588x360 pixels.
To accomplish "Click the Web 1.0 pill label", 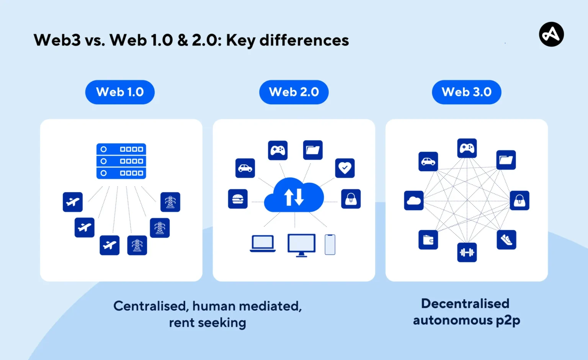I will [x=120, y=92].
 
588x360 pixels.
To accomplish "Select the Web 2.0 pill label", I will [x=294, y=92].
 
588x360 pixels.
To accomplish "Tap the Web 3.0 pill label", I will [x=467, y=92].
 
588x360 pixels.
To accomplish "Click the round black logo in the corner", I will [x=551, y=34].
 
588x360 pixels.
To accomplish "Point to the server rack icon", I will [x=121, y=161].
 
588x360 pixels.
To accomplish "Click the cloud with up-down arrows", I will [x=294, y=196].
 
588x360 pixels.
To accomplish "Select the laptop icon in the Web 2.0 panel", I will [x=263, y=244].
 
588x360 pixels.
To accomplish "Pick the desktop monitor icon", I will [x=302, y=245].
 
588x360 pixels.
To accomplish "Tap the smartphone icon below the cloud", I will [x=330, y=244].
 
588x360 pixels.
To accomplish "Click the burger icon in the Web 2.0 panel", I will [x=238, y=199].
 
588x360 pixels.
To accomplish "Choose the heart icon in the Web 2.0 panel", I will [x=345, y=168].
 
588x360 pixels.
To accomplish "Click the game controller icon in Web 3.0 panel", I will [x=467, y=148].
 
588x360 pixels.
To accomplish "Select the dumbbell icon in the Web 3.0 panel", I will [x=467, y=252].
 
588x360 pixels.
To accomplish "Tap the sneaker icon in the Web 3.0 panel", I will [x=506, y=240].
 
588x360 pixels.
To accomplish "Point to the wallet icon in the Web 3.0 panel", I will [x=428, y=240].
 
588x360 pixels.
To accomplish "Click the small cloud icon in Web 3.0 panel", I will [x=414, y=200].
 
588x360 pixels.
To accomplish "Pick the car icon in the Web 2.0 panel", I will [x=245, y=168].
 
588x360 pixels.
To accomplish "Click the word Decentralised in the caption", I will [x=465, y=304].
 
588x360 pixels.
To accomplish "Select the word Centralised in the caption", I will [x=150, y=306].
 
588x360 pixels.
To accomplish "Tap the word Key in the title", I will [x=240, y=41].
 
